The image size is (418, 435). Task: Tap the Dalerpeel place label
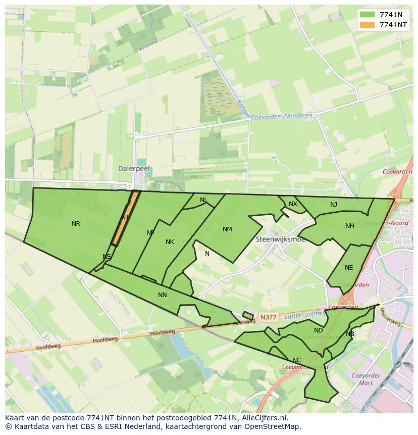click(134, 169)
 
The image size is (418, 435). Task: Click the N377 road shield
click(268, 317)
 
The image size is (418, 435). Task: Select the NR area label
click(76, 224)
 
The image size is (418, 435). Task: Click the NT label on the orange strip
click(125, 217)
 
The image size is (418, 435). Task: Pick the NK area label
click(170, 242)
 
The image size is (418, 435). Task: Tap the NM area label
click(227, 229)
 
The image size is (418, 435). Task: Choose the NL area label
click(203, 200)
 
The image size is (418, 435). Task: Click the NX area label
click(293, 204)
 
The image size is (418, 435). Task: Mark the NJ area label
click(334, 205)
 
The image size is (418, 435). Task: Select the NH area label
click(349, 226)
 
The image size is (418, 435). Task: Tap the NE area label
click(349, 268)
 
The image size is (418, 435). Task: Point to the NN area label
click(162, 295)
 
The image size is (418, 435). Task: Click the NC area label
click(296, 360)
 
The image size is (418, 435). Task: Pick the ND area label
click(318, 330)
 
